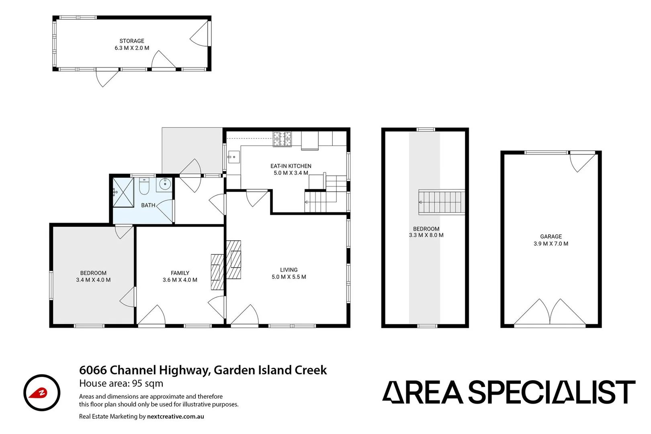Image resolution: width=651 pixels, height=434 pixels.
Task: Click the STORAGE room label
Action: tap(132, 41)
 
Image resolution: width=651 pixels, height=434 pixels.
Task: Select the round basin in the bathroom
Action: tap(165, 184)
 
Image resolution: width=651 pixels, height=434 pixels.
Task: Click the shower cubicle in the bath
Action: tap(123, 192)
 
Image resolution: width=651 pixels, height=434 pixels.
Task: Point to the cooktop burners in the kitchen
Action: tap(283, 139)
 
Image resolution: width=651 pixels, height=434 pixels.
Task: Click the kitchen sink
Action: tap(233, 157)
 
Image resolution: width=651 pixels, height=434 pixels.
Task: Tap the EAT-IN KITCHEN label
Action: tap(291, 166)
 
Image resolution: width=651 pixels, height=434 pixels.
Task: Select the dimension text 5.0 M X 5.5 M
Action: tap(289, 277)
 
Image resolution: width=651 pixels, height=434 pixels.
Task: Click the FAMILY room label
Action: tap(180, 273)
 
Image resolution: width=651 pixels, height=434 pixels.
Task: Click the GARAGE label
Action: tap(551, 237)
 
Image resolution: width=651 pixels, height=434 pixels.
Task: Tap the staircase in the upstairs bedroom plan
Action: tap(441, 202)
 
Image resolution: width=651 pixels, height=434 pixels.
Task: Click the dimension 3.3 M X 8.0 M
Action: tap(426, 235)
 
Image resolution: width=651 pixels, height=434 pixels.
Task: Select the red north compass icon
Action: tap(41, 393)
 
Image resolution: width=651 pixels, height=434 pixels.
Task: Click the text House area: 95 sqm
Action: tap(121, 383)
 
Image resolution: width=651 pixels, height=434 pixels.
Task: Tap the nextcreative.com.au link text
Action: tap(176, 416)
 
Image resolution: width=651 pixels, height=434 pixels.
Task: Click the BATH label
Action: tap(148, 205)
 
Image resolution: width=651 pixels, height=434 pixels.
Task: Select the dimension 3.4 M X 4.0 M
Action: tap(93, 280)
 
